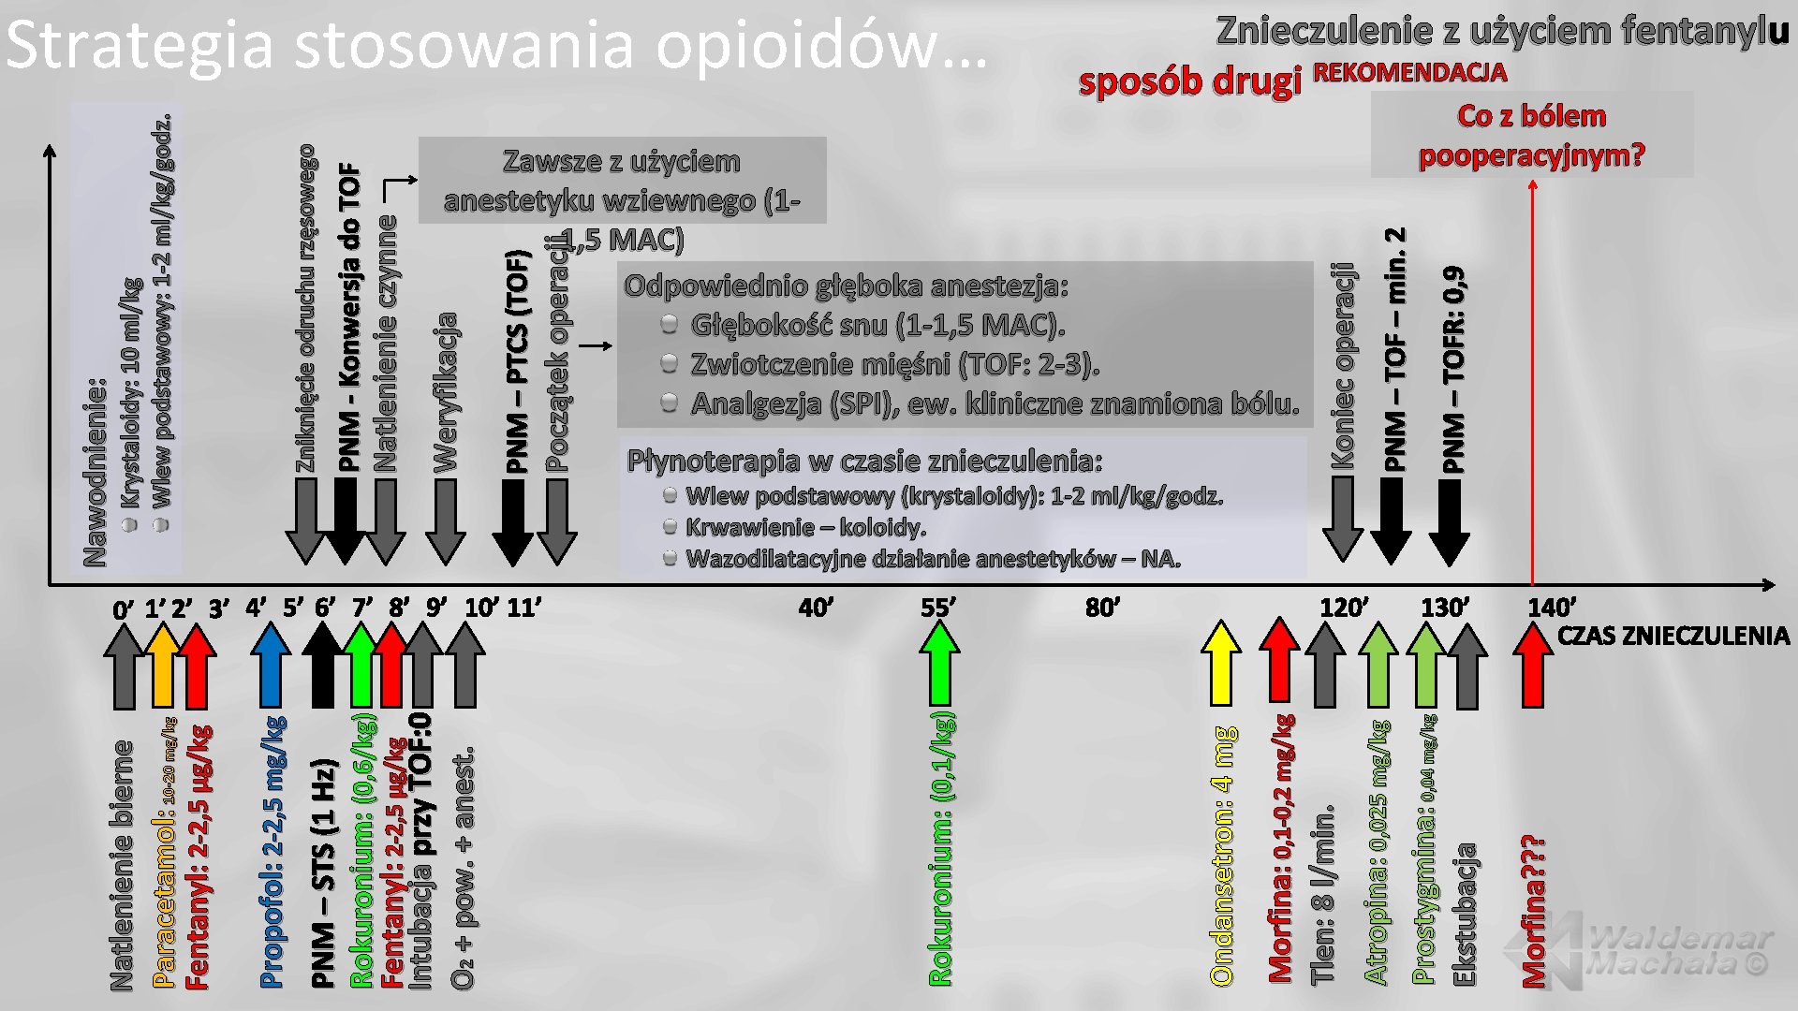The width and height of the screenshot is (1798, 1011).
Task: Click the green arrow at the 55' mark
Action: tap(939, 663)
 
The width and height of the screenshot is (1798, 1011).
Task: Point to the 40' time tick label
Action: tap(815, 608)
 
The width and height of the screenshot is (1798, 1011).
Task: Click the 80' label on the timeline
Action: tap(1102, 608)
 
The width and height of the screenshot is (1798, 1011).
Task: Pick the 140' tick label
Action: tap(1551, 608)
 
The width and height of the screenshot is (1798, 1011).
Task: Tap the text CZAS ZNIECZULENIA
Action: tap(1673, 636)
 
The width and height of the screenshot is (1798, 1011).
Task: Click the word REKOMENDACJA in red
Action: tap(1409, 73)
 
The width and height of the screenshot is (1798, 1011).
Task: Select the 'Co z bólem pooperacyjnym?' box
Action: tap(1531, 135)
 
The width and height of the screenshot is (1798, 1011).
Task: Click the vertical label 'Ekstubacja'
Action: tap(1464, 914)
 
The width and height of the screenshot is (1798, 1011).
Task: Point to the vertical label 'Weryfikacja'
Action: tap(446, 392)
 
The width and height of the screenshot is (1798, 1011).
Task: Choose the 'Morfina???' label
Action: tap(1533, 910)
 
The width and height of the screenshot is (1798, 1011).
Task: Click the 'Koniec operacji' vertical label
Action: tap(1343, 366)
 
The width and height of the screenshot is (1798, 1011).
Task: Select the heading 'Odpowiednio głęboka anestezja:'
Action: tap(846, 286)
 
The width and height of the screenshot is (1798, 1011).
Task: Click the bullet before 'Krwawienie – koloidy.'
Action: tap(670, 527)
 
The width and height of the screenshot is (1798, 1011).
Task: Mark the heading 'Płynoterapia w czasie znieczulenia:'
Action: tap(864, 461)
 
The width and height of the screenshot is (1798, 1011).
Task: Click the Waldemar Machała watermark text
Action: tap(1678, 950)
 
